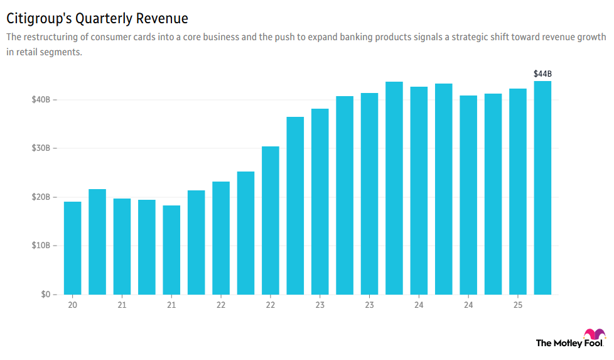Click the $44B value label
tap(542, 74)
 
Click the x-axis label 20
tap(73, 305)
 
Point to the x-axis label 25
tap(518, 305)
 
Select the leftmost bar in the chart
tap(73, 248)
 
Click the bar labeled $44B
tap(542, 188)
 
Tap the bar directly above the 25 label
tap(518, 192)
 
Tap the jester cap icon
tap(594, 335)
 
